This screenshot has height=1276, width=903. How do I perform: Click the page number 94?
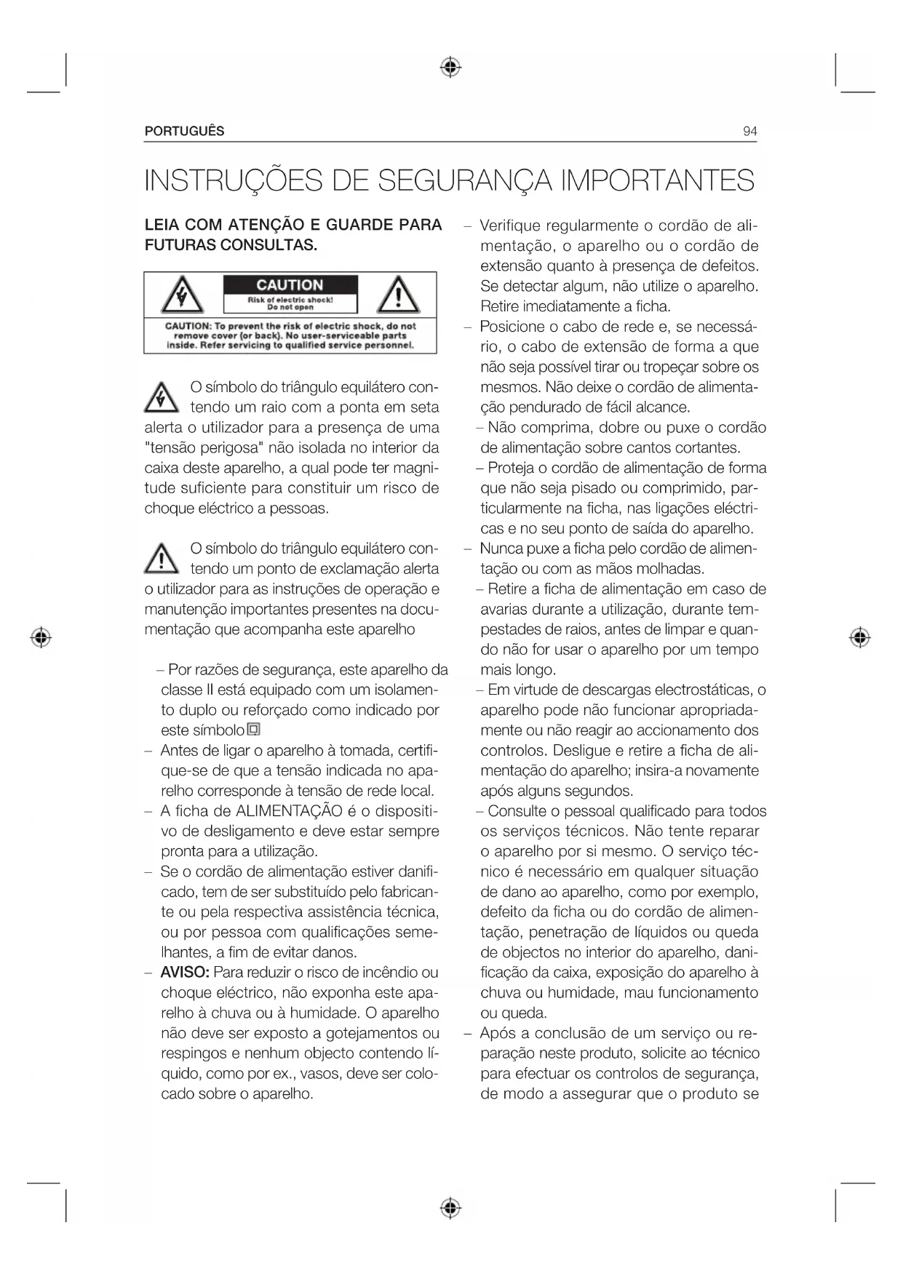coord(749,132)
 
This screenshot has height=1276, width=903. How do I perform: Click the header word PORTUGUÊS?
coord(184,132)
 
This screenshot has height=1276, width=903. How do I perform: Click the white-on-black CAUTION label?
coord(290,285)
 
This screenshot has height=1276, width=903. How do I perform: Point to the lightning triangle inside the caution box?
coord(181,296)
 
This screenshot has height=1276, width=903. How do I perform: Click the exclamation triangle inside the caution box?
coord(397,296)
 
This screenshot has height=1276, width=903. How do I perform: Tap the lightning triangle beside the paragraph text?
coord(162,397)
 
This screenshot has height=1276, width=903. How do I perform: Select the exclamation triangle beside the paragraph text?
coord(162,559)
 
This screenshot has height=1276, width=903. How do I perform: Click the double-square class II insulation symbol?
coord(253,730)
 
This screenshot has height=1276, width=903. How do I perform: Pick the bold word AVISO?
coord(185,973)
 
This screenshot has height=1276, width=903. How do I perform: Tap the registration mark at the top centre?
coord(451,68)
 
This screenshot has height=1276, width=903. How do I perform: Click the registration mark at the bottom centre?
coord(451,1208)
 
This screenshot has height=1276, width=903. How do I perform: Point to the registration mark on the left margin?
coord(41,638)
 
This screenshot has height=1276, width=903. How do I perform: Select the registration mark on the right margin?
coord(860,638)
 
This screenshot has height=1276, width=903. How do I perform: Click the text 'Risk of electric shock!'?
coord(290,300)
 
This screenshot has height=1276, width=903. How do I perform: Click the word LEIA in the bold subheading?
coord(162,225)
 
